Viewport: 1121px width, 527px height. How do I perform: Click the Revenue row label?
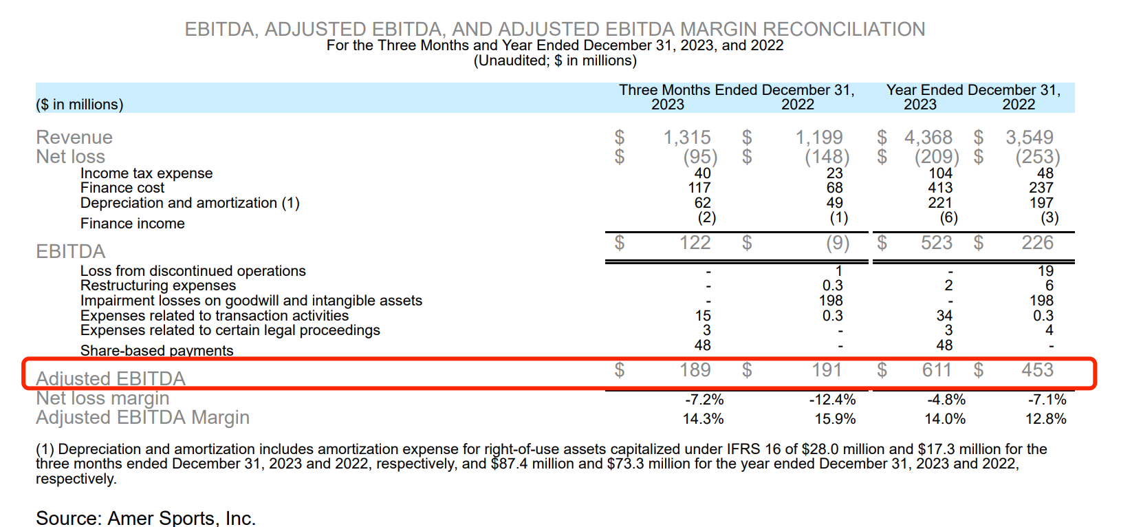[x=74, y=138]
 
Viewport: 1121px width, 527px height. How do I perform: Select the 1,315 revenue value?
[x=686, y=138]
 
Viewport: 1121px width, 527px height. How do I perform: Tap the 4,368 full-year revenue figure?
[x=928, y=138]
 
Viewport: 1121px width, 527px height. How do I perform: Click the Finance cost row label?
[x=122, y=188]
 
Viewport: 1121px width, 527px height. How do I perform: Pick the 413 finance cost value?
[x=939, y=188]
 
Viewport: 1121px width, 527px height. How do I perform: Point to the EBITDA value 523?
[x=936, y=243]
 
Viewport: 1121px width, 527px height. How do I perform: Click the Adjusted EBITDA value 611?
[x=936, y=370]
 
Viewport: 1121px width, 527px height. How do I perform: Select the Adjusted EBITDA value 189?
[x=695, y=370]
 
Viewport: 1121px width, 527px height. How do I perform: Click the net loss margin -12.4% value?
[x=832, y=400]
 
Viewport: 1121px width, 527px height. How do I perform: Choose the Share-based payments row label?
[x=157, y=350]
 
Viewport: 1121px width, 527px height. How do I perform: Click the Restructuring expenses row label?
[x=158, y=286]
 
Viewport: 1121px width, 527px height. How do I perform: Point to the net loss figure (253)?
[x=1037, y=157]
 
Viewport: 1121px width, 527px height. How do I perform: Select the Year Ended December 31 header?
[x=973, y=90]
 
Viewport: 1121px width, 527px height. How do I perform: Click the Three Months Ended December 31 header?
[x=737, y=90]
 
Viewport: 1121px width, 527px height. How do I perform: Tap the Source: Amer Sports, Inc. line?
[x=146, y=518]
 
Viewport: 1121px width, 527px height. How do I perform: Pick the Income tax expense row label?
[x=146, y=173]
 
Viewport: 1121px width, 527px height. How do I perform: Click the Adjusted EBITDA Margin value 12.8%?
[x=1045, y=419]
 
